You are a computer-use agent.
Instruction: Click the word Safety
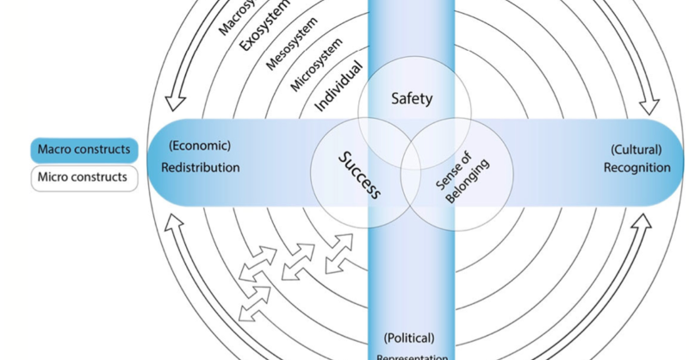pyautogui.click(x=412, y=98)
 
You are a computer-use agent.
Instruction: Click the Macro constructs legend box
pyautogui.click(x=84, y=151)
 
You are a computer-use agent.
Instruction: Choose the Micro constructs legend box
pyautogui.click(x=84, y=178)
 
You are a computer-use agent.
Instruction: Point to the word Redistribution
pyautogui.click(x=201, y=167)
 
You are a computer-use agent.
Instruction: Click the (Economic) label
pyautogui.click(x=200, y=146)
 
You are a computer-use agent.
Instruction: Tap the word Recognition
pyautogui.click(x=636, y=167)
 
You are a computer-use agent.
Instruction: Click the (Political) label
pyautogui.click(x=409, y=337)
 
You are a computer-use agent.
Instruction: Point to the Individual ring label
pyautogui.click(x=338, y=87)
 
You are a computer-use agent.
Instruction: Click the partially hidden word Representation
pyautogui.click(x=412, y=355)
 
